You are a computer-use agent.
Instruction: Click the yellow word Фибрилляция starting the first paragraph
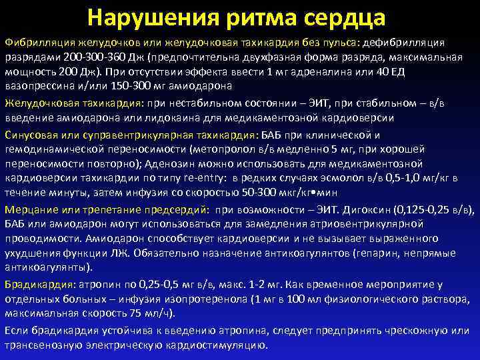point(34,43)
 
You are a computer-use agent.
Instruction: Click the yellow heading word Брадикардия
point(33,283)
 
